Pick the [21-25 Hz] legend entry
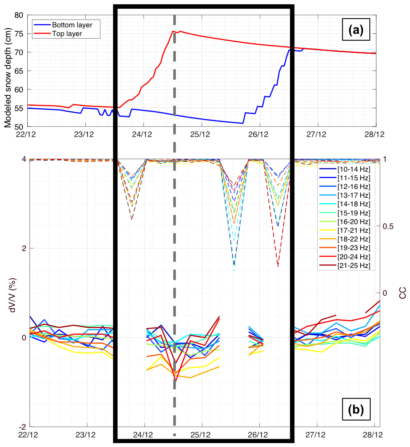354,265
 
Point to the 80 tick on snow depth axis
19,15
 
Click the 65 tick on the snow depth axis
19,71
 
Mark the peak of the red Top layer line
180,31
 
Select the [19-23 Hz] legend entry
354,248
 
